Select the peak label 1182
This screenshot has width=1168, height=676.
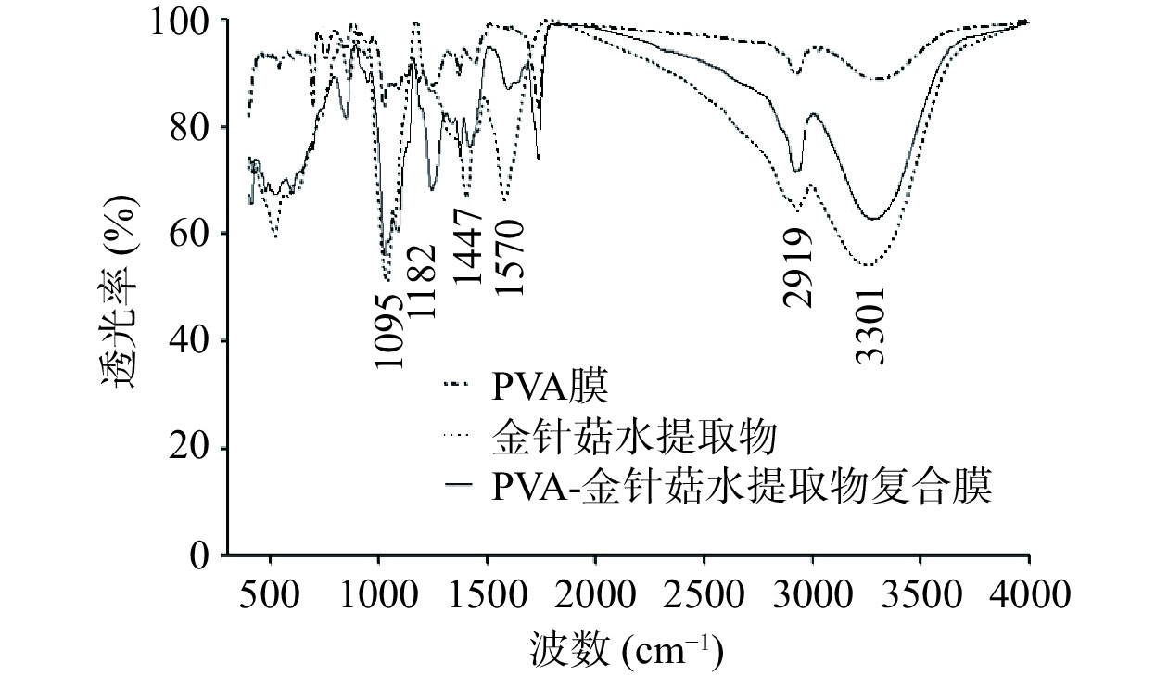[x=420, y=282]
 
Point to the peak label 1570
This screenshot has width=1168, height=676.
[x=509, y=258]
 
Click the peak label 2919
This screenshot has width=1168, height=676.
[x=797, y=269]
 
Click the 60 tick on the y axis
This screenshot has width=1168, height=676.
[x=191, y=234]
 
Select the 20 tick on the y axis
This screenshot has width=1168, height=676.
[x=191, y=448]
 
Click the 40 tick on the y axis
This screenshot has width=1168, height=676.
[x=191, y=341]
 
